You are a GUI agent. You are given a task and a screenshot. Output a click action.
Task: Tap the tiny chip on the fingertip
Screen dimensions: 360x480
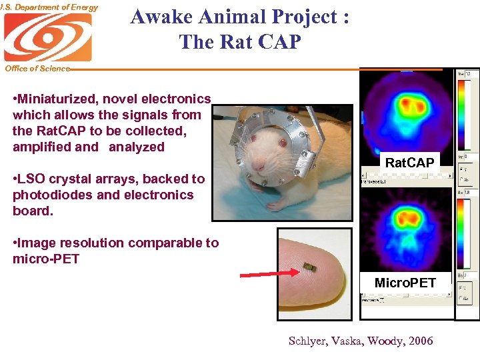[308, 267]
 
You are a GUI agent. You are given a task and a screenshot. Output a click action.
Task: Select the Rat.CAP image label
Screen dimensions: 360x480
[409, 163]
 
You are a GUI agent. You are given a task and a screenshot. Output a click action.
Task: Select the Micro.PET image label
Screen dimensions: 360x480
[405, 283]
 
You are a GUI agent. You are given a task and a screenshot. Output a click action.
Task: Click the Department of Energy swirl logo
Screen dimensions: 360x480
[47, 37]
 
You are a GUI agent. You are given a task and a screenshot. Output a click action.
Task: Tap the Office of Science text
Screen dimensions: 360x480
[37, 68]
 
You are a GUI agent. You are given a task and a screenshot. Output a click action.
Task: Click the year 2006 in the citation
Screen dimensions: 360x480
[419, 341]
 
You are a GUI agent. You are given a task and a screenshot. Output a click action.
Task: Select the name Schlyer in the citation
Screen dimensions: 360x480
[309, 341]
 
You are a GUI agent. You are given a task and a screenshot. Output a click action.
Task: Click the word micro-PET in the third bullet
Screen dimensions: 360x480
[46, 259]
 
